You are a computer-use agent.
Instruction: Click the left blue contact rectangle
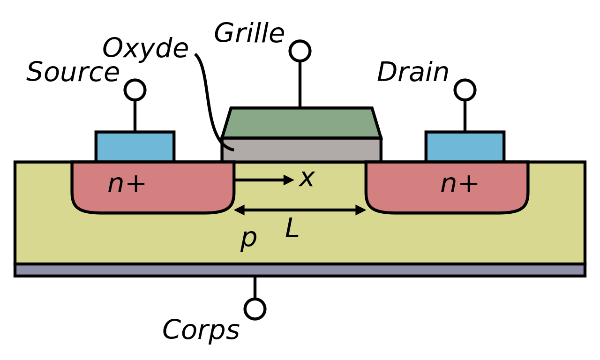(x=135, y=147)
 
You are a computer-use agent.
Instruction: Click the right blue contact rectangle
(x=465, y=147)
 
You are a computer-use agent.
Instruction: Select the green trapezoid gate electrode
(x=301, y=123)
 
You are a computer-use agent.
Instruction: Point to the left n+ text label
(x=127, y=184)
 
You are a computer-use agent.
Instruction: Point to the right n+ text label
(x=459, y=184)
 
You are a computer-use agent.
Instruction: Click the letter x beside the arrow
(x=307, y=179)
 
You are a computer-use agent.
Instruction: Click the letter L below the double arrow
(x=292, y=229)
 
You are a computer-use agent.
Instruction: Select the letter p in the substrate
(x=248, y=238)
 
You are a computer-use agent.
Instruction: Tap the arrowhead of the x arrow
(x=289, y=180)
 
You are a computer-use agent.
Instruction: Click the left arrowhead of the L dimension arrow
(x=239, y=210)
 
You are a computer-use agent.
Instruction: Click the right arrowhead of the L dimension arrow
(x=361, y=210)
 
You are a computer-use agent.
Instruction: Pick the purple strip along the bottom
(x=300, y=270)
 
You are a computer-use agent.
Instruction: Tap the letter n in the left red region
(x=116, y=185)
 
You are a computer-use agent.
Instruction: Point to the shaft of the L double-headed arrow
(x=300, y=210)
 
